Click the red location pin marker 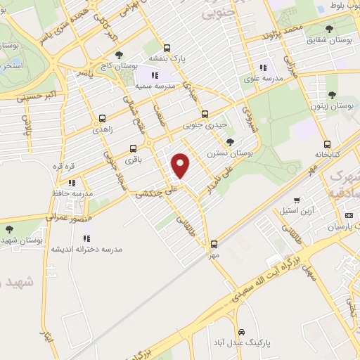tap(181, 166)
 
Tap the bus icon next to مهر tap(214, 245)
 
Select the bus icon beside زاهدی tap(103, 119)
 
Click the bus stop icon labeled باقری tap(133, 148)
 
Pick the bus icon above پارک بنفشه tap(167, 49)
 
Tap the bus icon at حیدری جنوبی tap(205, 114)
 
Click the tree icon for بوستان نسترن tap(231, 142)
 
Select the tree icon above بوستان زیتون tap(332, 94)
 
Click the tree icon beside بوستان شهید tap(9, 229)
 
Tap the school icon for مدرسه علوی tap(263, 68)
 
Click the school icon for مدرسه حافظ tap(72, 182)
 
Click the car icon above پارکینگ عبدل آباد tap(240, 331)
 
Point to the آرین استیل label tap(307, 210)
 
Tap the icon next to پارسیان tap(348, 215)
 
